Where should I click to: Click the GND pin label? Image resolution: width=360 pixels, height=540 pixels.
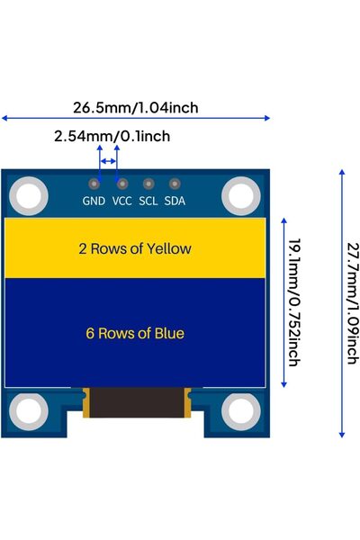(x=94, y=201)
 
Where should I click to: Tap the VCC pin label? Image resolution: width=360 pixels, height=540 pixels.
(x=122, y=201)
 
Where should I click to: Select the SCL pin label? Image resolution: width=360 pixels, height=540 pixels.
(x=148, y=201)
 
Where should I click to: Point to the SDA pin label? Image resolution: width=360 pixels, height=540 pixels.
(x=175, y=201)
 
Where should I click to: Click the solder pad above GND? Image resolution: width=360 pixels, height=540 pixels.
(x=94, y=184)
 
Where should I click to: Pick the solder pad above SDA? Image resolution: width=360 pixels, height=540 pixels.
(x=175, y=184)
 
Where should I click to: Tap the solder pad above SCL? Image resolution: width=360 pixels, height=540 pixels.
(x=148, y=184)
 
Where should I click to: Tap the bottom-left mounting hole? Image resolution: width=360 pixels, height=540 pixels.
(x=30, y=411)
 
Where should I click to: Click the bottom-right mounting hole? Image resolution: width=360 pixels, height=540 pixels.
(x=240, y=411)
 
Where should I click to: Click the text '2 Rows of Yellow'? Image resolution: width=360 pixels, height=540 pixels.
(x=135, y=248)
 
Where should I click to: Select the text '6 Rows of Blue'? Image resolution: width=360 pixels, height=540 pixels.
(x=135, y=333)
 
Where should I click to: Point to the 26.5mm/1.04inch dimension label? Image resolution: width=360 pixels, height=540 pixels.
(x=135, y=108)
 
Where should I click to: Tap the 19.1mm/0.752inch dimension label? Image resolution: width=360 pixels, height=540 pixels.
(x=293, y=301)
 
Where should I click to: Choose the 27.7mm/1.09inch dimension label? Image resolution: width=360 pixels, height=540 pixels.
(x=351, y=301)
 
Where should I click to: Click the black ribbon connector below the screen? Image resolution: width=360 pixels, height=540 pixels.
(x=135, y=402)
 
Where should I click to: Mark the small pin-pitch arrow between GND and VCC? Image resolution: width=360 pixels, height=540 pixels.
(x=108, y=161)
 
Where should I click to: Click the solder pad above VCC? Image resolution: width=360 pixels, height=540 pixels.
(x=122, y=184)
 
